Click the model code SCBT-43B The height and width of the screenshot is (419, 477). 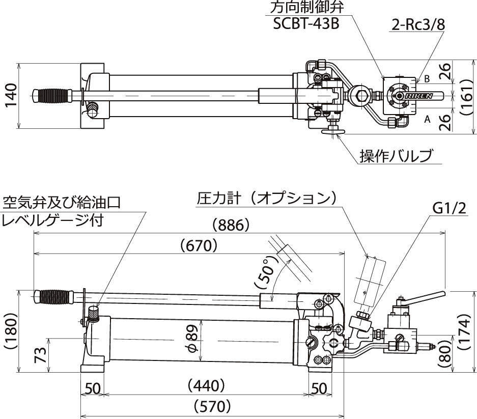click(x=305, y=24)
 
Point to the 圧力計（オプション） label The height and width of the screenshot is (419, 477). click(x=267, y=199)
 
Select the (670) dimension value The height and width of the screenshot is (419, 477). click(x=199, y=246)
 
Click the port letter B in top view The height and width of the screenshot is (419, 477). click(x=427, y=79)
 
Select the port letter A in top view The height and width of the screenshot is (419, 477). click(x=427, y=119)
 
